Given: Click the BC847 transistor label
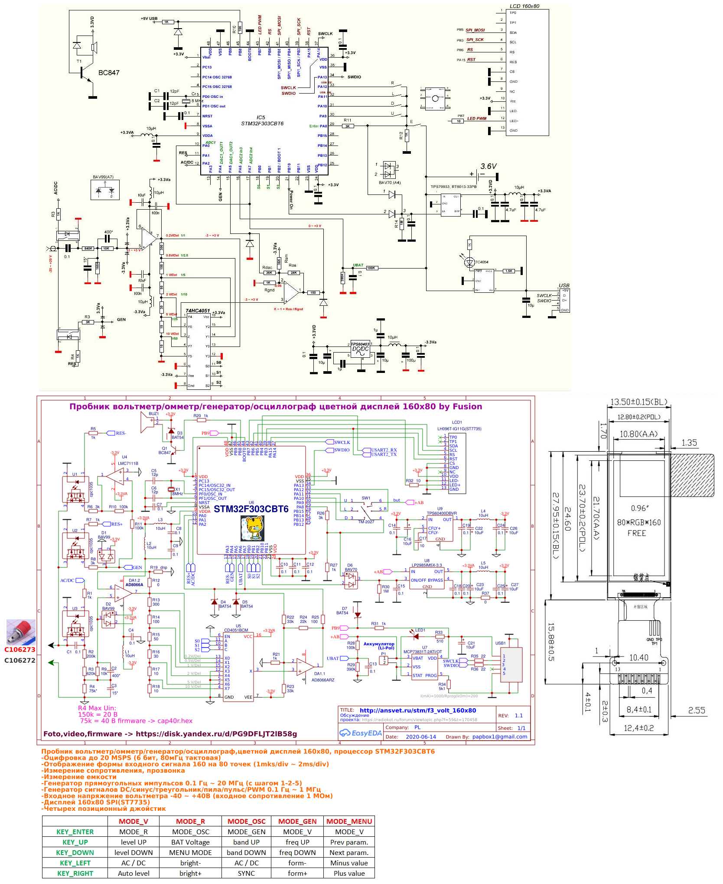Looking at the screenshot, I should [108, 73].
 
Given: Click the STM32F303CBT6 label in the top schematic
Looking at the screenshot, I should [262, 123].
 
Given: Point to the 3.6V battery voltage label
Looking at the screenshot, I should [489, 166].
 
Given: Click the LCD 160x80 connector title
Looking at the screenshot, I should [524, 6].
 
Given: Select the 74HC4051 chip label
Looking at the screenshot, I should [198, 311].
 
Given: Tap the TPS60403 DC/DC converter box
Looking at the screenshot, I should [360, 349].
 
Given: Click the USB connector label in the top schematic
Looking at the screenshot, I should [564, 285].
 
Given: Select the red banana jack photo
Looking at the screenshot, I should [20, 632].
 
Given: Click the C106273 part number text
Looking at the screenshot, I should [20, 650].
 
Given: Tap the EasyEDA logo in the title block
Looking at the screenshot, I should [361, 733].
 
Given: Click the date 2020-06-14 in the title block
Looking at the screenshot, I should [421, 737].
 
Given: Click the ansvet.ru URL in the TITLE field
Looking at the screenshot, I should [417, 710].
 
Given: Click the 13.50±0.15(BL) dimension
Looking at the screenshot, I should [638, 402].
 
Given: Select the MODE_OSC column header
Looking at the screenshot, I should [246, 822].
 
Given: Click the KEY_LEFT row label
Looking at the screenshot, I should [75, 863].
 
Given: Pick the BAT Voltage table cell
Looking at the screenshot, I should [190, 842].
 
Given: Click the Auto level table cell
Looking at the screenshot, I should [134, 874].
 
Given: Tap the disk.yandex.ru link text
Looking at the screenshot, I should [216, 734].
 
